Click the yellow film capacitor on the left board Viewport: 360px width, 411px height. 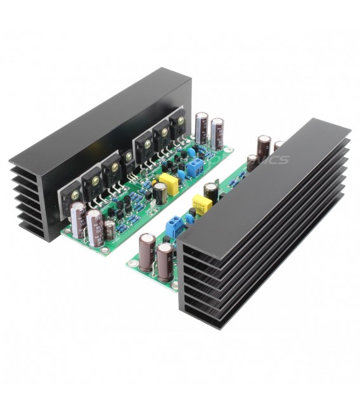pos(170,183)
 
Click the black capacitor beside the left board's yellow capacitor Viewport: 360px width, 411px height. pos(160,193)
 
